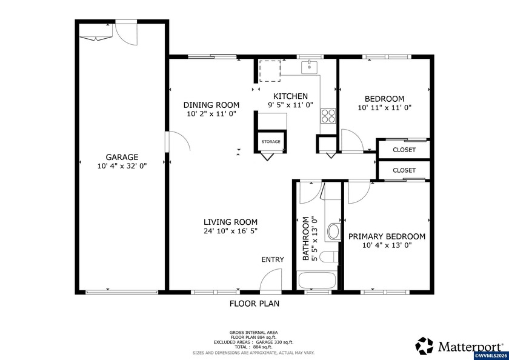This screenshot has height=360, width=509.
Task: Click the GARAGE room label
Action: (x=122, y=157)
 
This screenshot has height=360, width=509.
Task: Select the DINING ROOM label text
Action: (x=211, y=105)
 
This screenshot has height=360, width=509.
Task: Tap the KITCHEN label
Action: (x=290, y=96)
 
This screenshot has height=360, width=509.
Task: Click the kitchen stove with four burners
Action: (x=328, y=115)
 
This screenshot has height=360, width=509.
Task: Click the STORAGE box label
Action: (x=271, y=142)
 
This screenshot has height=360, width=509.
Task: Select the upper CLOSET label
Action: (x=404, y=149)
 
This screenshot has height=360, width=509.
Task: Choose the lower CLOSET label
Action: (x=404, y=171)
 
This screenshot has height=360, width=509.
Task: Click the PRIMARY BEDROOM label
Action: (x=386, y=236)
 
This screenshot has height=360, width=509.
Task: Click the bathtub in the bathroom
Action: (x=317, y=281)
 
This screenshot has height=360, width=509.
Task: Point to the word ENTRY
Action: (x=273, y=259)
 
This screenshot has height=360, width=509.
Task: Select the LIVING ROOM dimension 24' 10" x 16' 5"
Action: (x=230, y=231)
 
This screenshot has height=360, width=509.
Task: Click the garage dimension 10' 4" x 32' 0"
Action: (x=122, y=165)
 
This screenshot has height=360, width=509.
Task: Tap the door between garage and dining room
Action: (x=179, y=144)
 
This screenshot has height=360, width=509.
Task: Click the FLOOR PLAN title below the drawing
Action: (x=254, y=304)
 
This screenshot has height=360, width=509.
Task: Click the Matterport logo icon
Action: (x=425, y=345)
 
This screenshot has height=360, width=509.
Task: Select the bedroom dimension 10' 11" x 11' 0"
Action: (x=384, y=108)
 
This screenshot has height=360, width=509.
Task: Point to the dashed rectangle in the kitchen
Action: (x=270, y=70)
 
